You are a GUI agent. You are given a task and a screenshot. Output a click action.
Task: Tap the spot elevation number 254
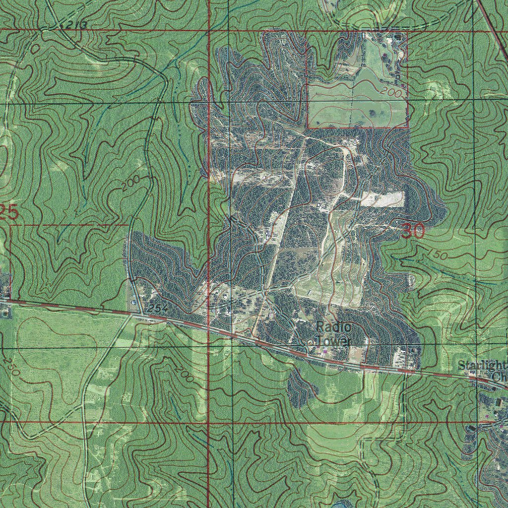156,309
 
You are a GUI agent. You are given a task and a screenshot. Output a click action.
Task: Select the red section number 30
413,231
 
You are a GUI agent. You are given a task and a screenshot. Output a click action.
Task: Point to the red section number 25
9,213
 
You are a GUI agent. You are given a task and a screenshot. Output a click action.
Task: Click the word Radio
333,327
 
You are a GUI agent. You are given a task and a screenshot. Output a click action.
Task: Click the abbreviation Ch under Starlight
499,378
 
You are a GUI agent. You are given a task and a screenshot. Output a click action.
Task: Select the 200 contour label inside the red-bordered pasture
391,93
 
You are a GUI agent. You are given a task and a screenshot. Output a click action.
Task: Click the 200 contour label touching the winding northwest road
130,184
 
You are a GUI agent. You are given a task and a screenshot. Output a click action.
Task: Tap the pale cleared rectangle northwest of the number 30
382,199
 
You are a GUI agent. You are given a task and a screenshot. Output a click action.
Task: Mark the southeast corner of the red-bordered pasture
408,127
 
